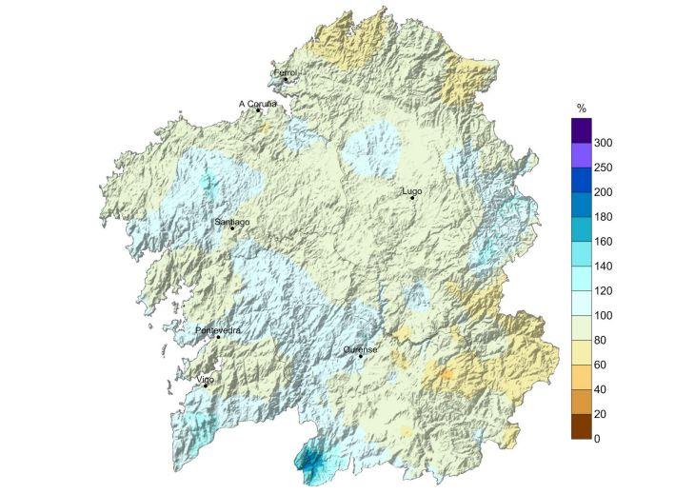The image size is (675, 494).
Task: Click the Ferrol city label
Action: (285, 72)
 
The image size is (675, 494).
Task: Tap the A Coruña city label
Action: (257, 103)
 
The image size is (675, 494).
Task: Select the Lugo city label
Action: (412, 191)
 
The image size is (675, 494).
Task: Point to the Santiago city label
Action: (232, 222)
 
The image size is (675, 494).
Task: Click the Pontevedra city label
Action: (218, 330)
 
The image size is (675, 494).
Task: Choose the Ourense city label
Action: (361, 349)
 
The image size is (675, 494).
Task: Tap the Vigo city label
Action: (205, 379)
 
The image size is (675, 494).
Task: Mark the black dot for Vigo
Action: (206, 385)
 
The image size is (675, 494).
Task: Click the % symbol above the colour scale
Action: (581, 107)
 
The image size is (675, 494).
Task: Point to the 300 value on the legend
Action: (604, 143)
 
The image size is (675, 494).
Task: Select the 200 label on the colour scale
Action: (604, 192)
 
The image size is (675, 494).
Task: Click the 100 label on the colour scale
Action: (604, 315)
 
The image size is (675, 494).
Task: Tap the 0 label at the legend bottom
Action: (597, 439)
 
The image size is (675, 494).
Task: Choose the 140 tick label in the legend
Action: (604, 267)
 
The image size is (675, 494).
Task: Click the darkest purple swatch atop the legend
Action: (582, 129)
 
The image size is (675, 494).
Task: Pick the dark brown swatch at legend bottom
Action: (582, 426)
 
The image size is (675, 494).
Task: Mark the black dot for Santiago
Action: (232, 228)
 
